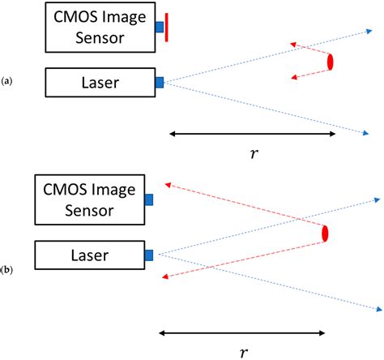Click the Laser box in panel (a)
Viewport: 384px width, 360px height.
pos(100,82)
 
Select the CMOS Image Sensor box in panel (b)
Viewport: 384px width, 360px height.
pos(90,201)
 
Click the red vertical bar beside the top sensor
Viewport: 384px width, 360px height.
pos(167,27)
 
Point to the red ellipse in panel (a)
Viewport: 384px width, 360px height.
pos(331,62)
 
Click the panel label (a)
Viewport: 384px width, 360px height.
pos(7,81)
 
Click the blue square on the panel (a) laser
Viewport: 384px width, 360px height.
pos(160,82)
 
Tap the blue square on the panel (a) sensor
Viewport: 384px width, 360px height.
pos(160,28)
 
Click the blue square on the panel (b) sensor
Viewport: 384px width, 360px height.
pos(149,199)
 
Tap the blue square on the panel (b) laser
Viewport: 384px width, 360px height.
pos(149,255)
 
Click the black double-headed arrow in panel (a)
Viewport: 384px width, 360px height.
pos(251,134)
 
